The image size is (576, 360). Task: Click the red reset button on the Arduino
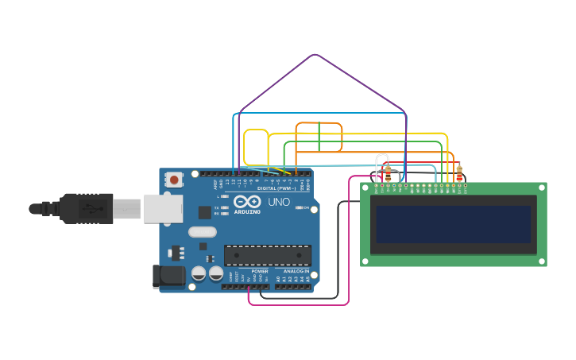click(174, 180)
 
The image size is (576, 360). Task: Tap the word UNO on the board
click(279, 202)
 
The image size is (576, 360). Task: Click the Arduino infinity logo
click(246, 200)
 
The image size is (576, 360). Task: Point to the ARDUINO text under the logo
click(246, 211)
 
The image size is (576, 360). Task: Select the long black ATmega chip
click(267, 255)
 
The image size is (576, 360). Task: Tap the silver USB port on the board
click(163, 209)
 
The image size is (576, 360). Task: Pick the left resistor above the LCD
click(388, 172)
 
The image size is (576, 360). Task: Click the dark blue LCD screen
click(453, 225)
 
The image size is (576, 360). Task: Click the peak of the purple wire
click(315, 55)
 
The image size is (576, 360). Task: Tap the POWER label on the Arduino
click(260, 271)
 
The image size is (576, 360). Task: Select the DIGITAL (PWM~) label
click(276, 188)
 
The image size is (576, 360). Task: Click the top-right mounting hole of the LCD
click(542, 188)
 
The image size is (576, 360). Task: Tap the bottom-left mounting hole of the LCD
click(365, 260)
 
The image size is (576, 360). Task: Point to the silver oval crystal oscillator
click(202, 232)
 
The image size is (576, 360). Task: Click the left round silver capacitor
click(198, 273)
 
